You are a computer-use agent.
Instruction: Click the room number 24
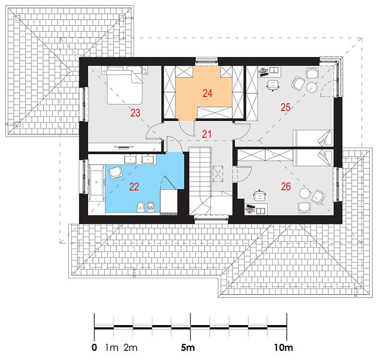(x=207, y=93)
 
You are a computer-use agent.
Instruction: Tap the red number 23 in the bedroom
(x=135, y=113)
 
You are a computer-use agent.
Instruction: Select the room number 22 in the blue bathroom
(x=134, y=187)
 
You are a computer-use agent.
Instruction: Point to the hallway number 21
(x=206, y=134)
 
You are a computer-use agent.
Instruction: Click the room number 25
(x=285, y=107)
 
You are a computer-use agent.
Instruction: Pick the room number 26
(x=286, y=187)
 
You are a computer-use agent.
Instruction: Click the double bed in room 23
(x=125, y=86)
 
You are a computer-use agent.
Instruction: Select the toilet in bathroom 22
(x=151, y=206)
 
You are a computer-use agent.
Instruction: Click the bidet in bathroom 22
(x=140, y=207)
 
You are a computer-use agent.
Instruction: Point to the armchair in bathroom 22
(x=115, y=172)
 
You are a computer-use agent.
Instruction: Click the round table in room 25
(x=312, y=87)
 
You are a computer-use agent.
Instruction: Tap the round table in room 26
(x=304, y=193)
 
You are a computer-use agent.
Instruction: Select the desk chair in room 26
(x=260, y=196)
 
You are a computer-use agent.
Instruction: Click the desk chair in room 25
(x=273, y=85)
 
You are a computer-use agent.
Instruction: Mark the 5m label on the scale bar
(x=188, y=347)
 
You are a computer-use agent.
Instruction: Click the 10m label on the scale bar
(x=284, y=347)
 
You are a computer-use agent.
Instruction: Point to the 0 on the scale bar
(x=94, y=347)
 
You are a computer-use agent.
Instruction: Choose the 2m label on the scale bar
(x=131, y=347)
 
